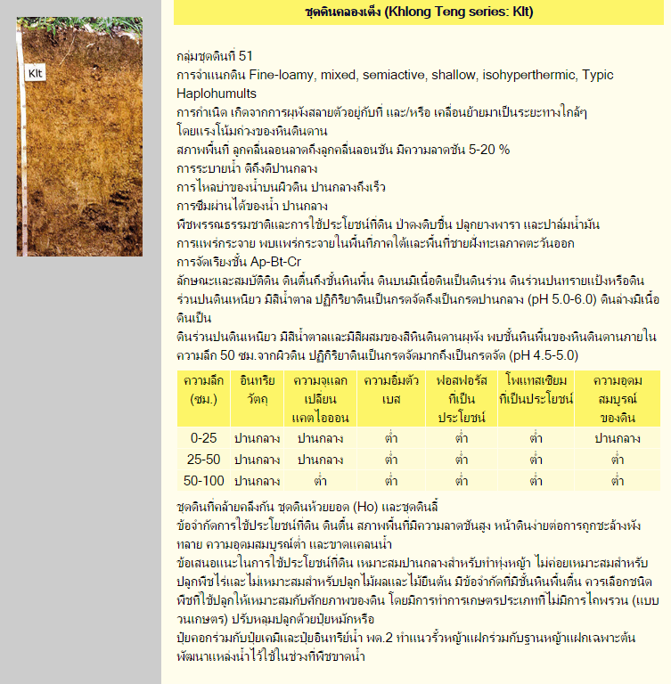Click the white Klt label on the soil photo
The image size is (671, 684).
click(x=37, y=73)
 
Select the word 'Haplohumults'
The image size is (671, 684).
click(x=217, y=93)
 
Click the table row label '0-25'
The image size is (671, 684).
click(x=203, y=437)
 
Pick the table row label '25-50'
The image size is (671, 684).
click(x=203, y=460)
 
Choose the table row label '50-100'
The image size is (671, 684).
click(x=203, y=481)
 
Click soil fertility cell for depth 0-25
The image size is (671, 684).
click(x=618, y=437)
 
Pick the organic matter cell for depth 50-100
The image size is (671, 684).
click(x=257, y=481)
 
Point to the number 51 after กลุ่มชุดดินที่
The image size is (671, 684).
click(x=246, y=55)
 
